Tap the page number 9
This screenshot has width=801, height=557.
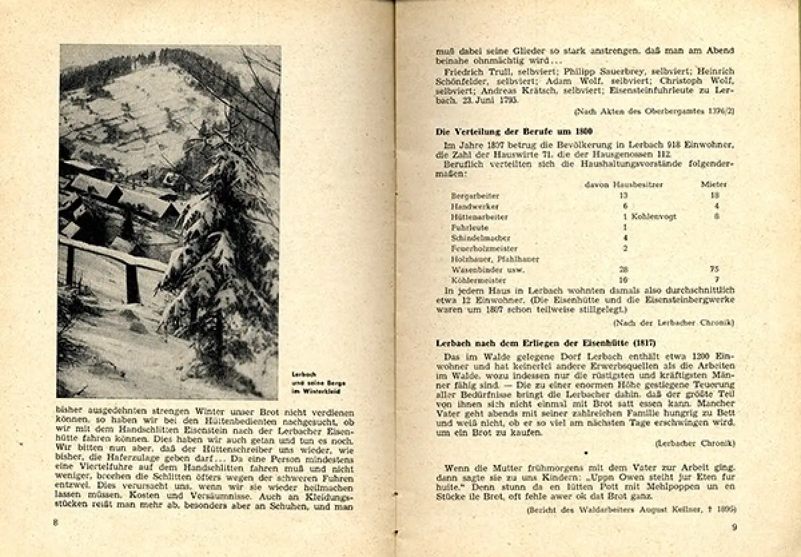click(x=733, y=528)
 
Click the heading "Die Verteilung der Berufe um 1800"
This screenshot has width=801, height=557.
click(x=505, y=131)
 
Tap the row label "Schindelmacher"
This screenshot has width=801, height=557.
click(x=481, y=238)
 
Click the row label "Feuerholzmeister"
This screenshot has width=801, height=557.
click(x=484, y=248)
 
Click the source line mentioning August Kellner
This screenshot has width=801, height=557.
click(x=631, y=510)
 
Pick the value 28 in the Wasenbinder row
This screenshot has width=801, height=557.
click(x=623, y=270)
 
